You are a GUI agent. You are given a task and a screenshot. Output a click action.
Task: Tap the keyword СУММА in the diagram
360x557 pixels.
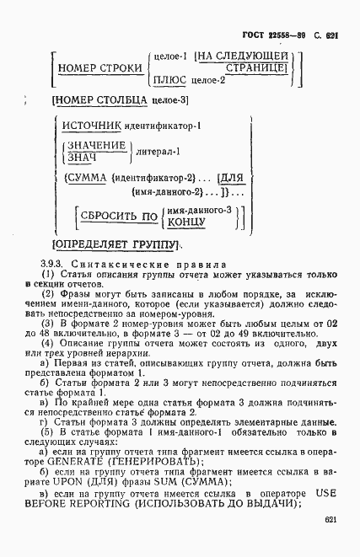87,178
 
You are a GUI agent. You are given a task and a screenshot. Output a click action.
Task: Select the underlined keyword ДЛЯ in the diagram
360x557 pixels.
230,178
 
